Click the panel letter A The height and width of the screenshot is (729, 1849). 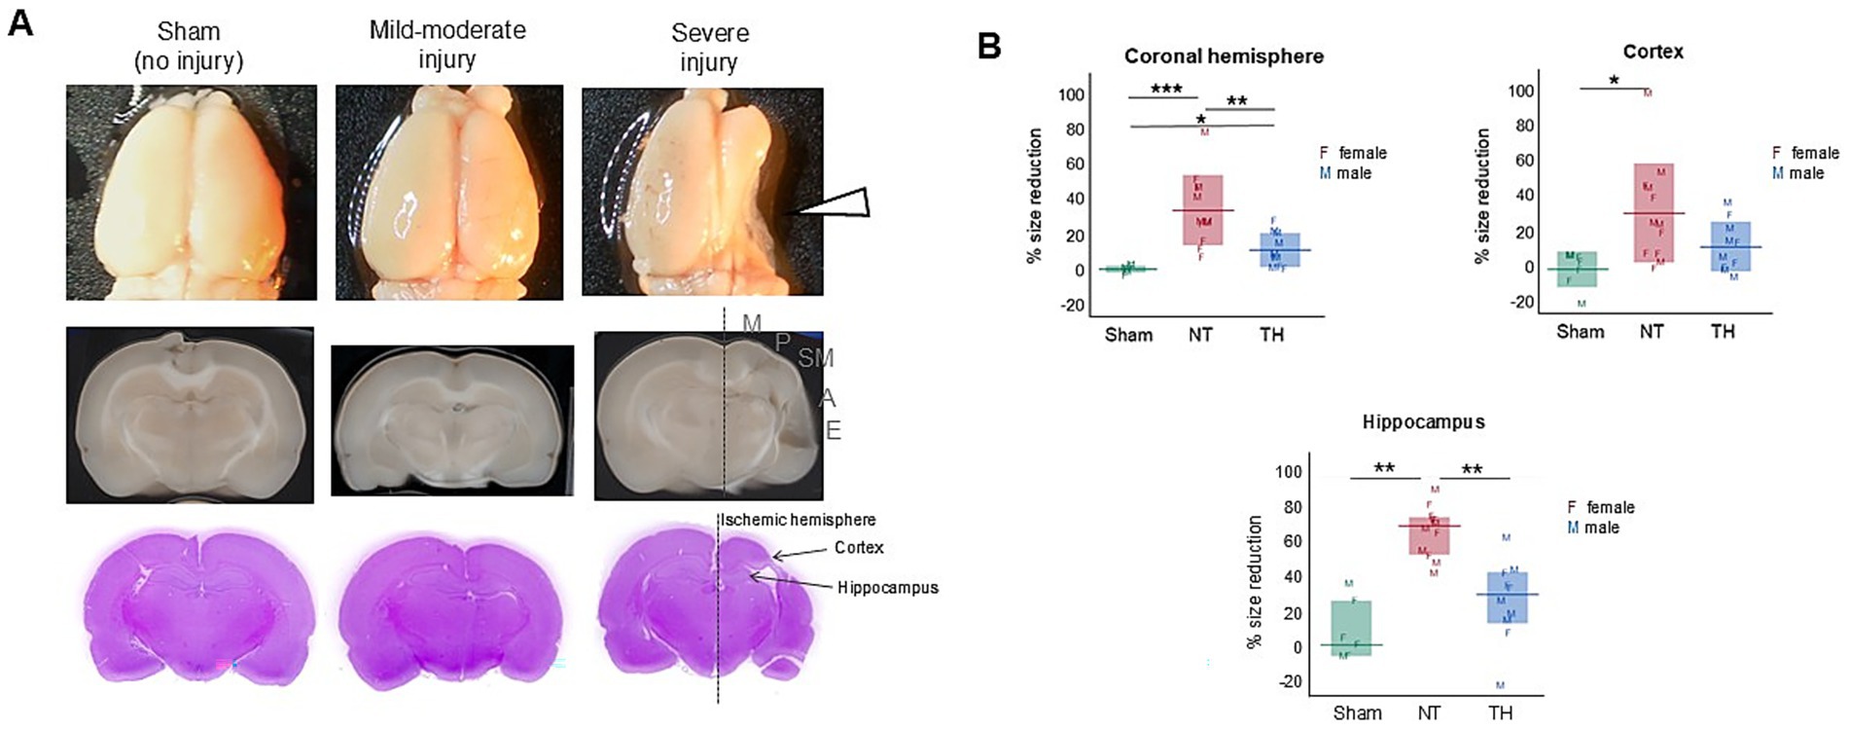20,22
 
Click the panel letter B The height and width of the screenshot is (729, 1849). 989,46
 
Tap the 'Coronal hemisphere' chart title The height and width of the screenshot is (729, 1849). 1224,56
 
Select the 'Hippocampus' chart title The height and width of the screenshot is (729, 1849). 1423,422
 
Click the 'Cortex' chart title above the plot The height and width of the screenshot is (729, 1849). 1653,52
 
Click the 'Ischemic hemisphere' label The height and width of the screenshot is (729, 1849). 798,520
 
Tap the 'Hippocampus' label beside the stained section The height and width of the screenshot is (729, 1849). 887,588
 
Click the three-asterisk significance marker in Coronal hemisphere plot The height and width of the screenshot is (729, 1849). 1166,90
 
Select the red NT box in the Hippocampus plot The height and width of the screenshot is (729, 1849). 1429,536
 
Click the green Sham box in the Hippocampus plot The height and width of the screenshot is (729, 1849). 1351,628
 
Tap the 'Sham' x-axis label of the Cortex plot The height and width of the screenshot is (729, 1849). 1580,332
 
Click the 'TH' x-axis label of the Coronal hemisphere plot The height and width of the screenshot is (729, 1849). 1271,335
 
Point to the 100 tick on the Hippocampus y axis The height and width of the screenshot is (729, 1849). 1288,472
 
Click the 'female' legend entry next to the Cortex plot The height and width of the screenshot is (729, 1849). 1814,153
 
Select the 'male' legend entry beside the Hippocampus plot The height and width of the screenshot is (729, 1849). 1601,528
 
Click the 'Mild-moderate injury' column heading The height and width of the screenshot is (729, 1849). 447,45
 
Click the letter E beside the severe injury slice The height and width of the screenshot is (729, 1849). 833,430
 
